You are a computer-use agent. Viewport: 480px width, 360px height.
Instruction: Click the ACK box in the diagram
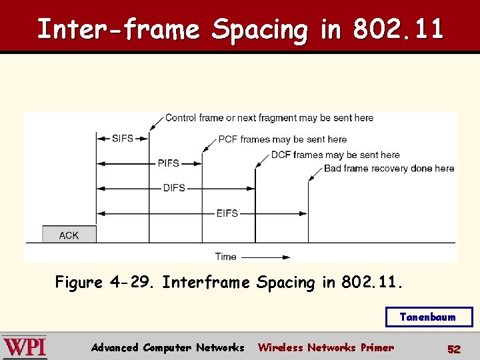(69, 235)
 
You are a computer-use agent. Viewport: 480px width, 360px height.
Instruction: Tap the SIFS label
(123, 139)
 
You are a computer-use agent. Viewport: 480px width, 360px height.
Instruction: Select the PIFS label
(168, 163)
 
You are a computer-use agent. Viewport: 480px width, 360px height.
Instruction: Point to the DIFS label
(174, 188)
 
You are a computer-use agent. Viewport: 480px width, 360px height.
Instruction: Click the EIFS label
(227, 213)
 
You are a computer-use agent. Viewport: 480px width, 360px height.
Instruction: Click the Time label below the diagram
(226, 257)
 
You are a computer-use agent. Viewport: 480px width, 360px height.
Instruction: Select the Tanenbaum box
(428, 317)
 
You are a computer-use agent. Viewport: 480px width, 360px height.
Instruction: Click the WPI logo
(25, 347)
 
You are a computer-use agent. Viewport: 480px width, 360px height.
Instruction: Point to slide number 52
(453, 349)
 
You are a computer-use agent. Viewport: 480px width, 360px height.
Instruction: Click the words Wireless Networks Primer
(325, 347)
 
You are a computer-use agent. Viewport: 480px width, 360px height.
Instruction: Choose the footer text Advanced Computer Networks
(167, 347)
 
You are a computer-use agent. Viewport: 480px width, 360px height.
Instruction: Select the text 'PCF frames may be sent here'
(283, 139)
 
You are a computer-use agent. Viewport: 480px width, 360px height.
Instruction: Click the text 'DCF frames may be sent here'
(335, 155)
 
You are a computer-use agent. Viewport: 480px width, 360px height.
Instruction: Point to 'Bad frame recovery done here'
(389, 169)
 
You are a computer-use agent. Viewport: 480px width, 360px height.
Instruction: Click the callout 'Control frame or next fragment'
(269, 118)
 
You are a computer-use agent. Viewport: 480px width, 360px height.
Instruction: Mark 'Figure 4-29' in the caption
(105, 283)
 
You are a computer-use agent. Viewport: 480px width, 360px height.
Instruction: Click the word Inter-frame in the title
(118, 29)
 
